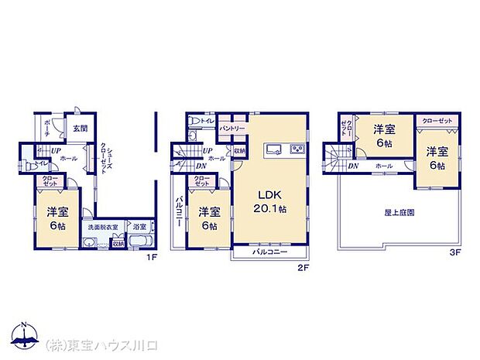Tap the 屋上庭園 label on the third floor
396,211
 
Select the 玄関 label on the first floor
79,129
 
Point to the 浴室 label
139,228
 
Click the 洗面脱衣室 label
102,228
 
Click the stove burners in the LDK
297,149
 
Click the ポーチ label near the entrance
46,128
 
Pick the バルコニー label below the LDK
270,252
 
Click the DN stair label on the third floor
353,166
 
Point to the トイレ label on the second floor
207,121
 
